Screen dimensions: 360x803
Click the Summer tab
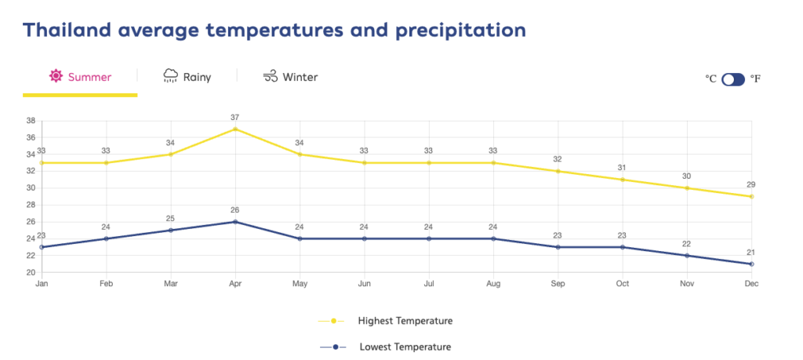pos(80,77)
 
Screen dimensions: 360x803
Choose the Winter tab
pos(290,77)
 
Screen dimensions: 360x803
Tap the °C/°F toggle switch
pos(733,79)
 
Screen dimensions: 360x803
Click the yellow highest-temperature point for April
pos(235,129)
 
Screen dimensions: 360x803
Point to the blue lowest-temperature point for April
pos(235,222)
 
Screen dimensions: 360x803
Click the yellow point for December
pos(751,196)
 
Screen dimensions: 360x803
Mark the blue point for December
pos(751,264)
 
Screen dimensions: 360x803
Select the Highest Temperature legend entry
pos(385,321)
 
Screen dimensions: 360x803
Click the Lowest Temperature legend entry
pos(385,347)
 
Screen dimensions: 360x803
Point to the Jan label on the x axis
pos(42,284)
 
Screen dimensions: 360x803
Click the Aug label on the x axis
pos(493,284)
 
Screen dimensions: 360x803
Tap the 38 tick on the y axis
pos(31,121)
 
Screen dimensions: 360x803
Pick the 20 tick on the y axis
pos(31,272)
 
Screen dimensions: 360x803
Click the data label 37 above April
pos(235,118)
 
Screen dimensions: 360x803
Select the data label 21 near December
pos(751,253)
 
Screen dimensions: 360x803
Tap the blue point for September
pos(558,247)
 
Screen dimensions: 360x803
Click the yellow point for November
pos(687,188)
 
